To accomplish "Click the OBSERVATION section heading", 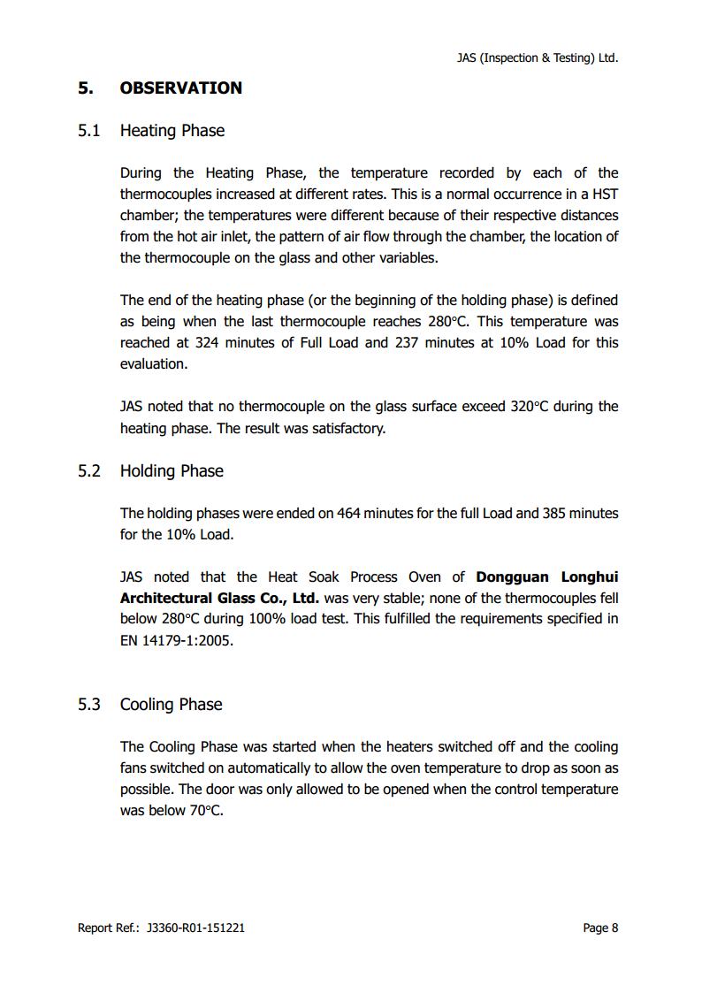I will [180, 88].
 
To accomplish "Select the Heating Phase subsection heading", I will [172, 131].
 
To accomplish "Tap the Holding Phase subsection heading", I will [172, 471].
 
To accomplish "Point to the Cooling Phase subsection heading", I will [171, 705].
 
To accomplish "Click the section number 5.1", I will [89, 131].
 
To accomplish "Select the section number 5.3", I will [89, 705].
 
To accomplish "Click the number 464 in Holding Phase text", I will [349, 514].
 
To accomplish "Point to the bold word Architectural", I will [165, 599].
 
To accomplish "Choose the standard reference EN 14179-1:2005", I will [177, 641].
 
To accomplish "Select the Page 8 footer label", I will [600, 928].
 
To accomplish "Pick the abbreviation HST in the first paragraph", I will [604, 195].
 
